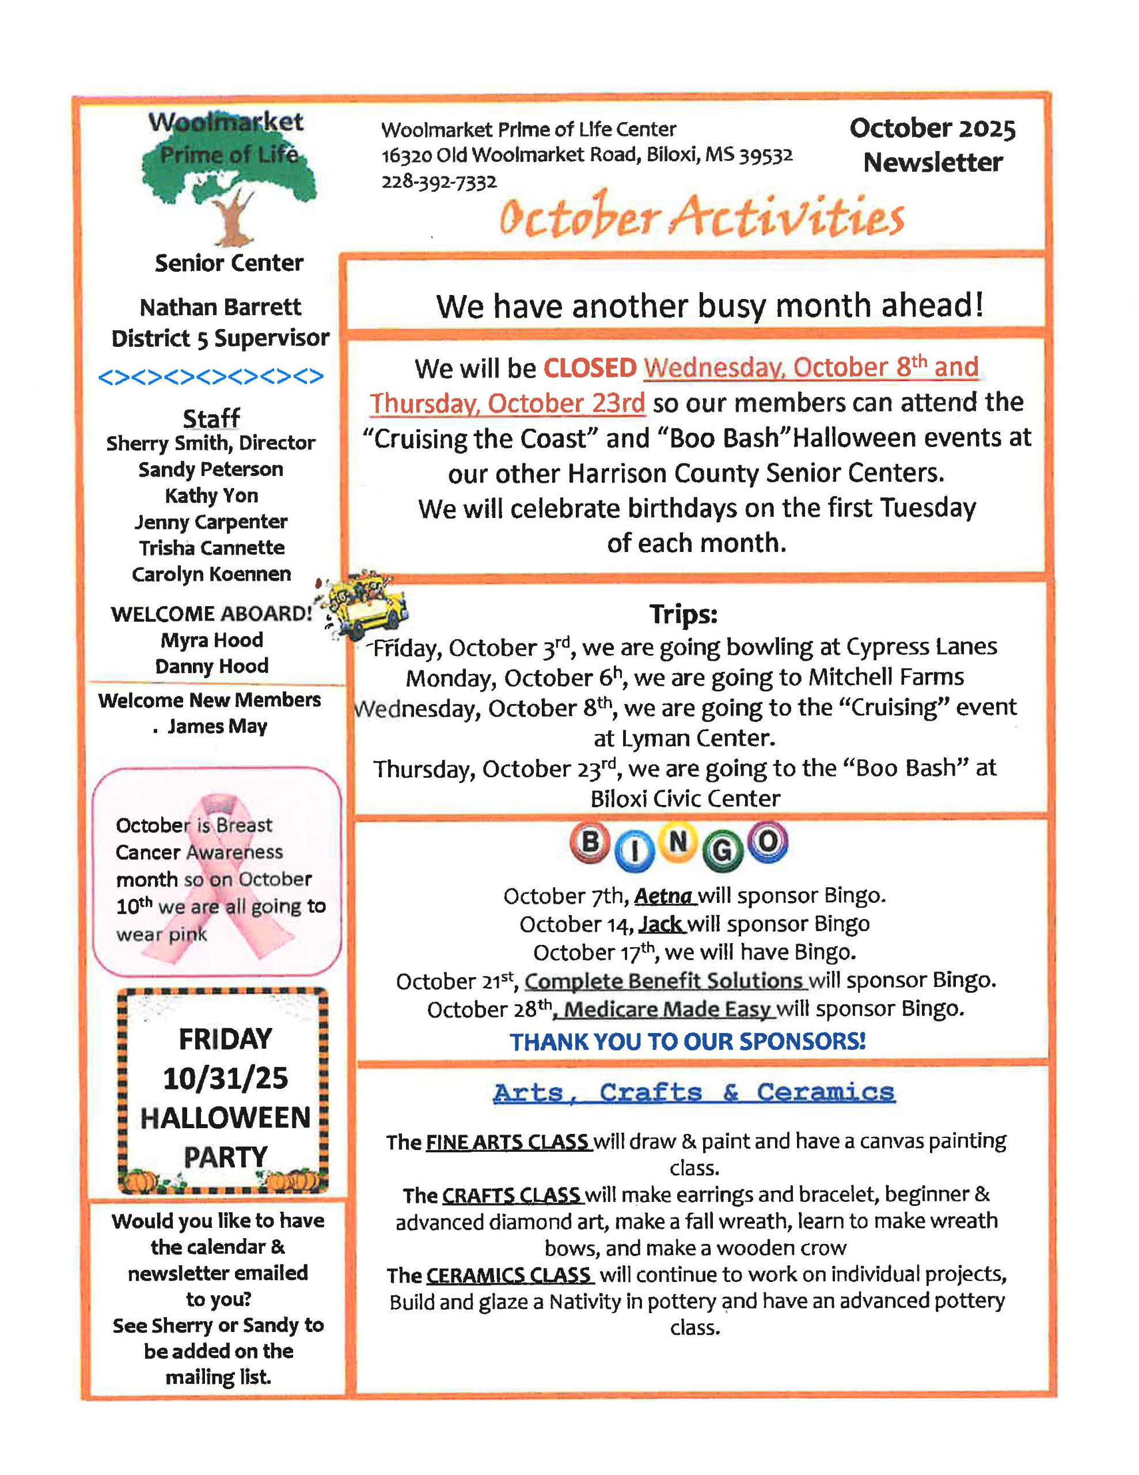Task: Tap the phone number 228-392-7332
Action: click(x=439, y=182)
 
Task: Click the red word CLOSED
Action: click(x=590, y=368)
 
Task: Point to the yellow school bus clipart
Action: click(x=365, y=604)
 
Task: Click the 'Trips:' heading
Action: click(x=684, y=614)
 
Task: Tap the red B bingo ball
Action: click(x=590, y=842)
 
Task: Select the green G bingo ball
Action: click(x=722, y=850)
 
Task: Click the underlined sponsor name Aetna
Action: click(x=664, y=895)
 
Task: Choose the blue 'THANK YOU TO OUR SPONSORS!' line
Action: click(x=688, y=1041)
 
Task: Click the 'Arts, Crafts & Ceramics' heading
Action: click(x=693, y=1092)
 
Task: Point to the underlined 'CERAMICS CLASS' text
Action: click(x=508, y=1275)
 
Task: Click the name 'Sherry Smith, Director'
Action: click(x=211, y=443)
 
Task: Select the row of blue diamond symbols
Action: click(x=211, y=376)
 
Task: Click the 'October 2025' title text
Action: click(x=932, y=128)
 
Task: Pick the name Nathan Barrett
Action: click(x=220, y=307)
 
